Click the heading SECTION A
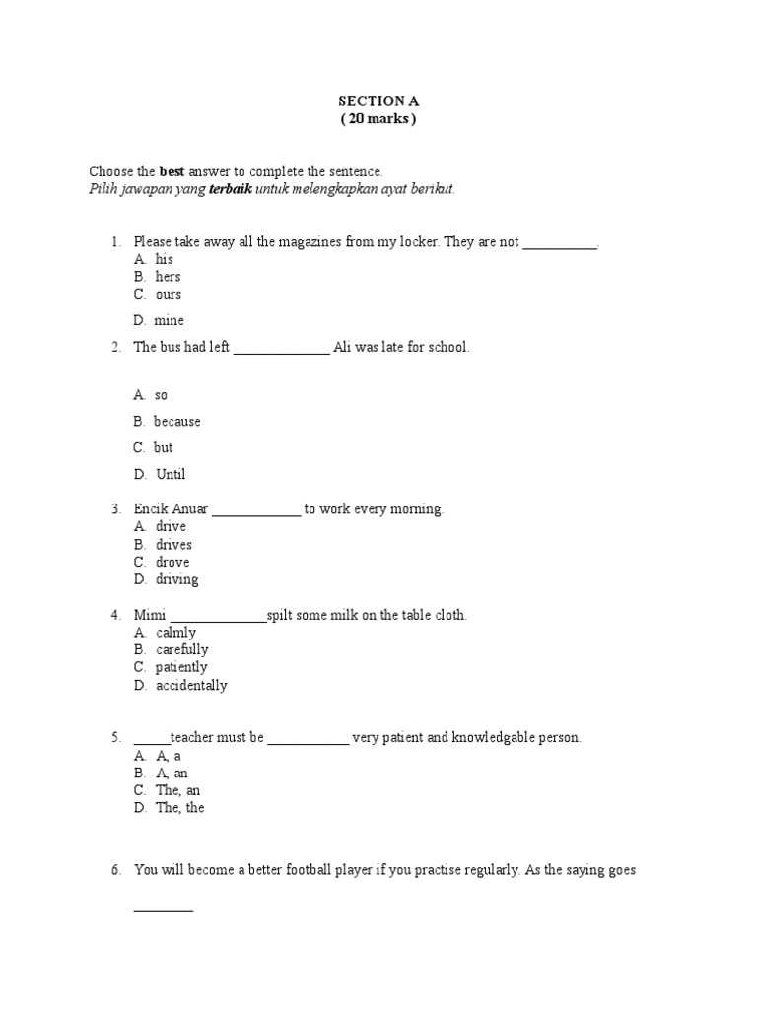(373, 101)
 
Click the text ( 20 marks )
(373, 119)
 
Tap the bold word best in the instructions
(172, 171)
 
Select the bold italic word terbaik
(230, 189)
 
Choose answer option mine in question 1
(169, 320)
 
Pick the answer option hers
(168, 277)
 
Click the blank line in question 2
(282, 349)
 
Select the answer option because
(176, 421)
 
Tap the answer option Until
(171, 474)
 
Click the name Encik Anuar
(171, 509)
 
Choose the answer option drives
(173, 545)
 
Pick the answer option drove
(172, 562)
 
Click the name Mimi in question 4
(150, 615)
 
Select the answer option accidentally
(191, 685)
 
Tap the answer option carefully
(181, 649)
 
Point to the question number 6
(115, 870)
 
